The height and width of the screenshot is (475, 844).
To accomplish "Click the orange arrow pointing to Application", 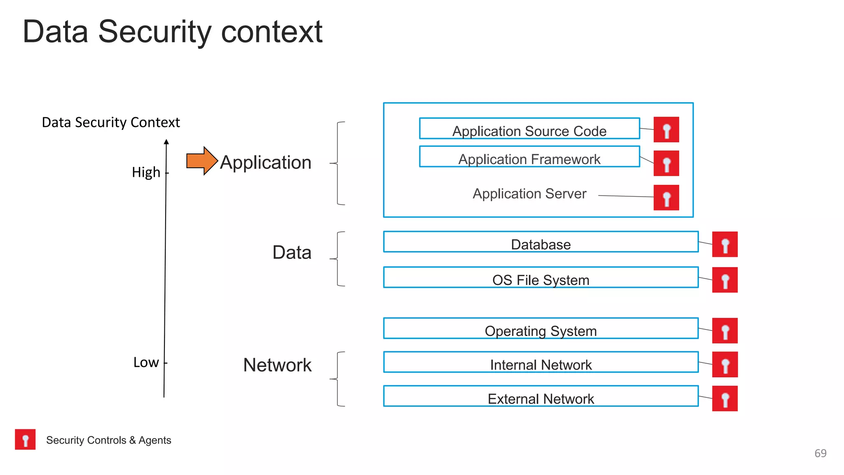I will [x=202, y=161].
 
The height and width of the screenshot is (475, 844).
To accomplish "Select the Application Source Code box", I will [x=529, y=129].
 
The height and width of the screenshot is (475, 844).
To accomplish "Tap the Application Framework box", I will [x=529, y=157].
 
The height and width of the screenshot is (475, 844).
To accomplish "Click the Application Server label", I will [x=529, y=194].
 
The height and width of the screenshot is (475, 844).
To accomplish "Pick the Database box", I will [x=541, y=242].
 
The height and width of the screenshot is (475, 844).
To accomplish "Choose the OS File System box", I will [x=541, y=277].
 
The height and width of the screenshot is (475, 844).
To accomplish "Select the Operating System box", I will [x=541, y=329].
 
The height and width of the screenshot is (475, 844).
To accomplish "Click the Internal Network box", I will [x=541, y=362].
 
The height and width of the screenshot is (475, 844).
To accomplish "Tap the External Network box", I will [x=541, y=396].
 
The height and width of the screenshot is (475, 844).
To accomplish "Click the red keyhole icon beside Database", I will [x=724, y=245].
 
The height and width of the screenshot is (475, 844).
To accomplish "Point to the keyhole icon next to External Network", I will [x=724, y=398].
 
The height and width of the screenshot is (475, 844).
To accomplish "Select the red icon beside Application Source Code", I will [x=666, y=130].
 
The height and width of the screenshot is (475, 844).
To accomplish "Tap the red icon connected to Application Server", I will [x=666, y=198].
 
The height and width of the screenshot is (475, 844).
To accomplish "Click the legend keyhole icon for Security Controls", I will [x=25, y=439].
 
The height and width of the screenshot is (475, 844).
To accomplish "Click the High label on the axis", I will [x=146, y=172].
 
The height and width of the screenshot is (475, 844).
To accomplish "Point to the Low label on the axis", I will [x=146, y=362].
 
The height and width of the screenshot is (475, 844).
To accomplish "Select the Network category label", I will [x=277, y=365].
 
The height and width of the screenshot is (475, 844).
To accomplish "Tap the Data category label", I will [x=292, y=252].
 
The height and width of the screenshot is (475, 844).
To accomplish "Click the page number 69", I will [x=820, y=453].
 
